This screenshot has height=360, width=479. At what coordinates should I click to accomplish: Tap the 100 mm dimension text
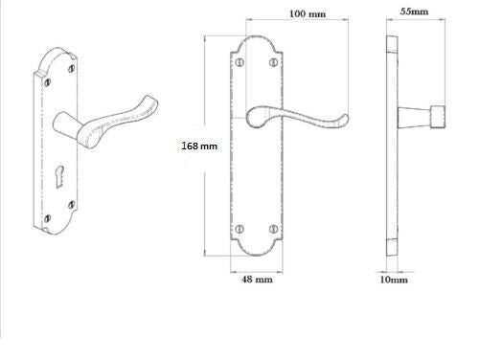[x=308, y=15]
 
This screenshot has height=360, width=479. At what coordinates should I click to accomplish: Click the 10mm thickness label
[x=394, y=281]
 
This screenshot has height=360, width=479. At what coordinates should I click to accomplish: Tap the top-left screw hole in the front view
[x=239, y=64]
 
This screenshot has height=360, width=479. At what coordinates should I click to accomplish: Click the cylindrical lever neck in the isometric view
[x=66, y=125]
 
